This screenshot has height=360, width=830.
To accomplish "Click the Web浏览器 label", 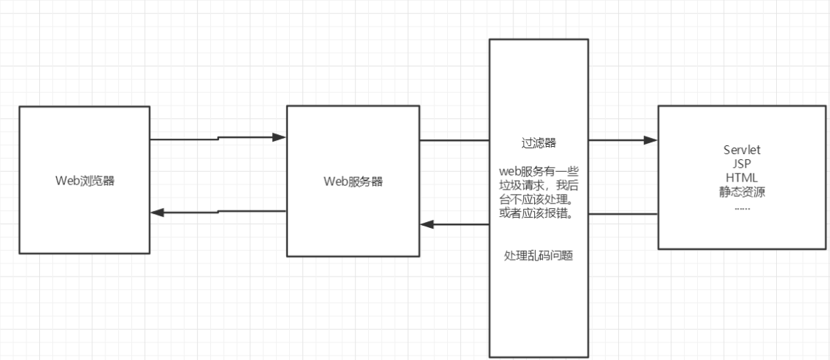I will pos(85,181).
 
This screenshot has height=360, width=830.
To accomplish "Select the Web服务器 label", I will pos(353,181).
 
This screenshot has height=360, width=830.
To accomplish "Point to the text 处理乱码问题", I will pos(539,255).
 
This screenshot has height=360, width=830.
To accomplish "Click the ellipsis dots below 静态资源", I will pos(742,206).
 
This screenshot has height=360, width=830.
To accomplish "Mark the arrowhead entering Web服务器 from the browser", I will pos(279,137).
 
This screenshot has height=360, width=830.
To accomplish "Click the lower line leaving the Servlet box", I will pos(623,214).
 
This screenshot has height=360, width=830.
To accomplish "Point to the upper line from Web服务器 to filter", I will pos(455,140).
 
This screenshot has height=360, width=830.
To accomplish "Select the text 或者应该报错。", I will pos(539,214).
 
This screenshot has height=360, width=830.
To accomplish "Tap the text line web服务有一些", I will pos(539,172).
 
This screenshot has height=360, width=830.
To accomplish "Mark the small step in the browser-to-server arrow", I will pos(218,139).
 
